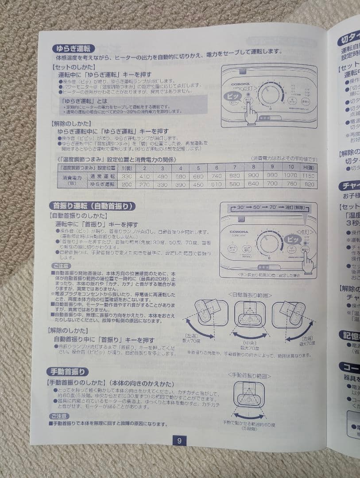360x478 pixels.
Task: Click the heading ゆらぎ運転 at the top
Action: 73,48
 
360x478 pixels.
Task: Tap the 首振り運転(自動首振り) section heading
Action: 92,206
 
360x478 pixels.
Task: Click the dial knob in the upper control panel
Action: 271,95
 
